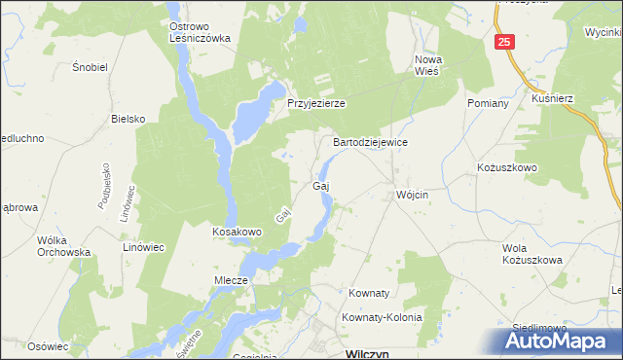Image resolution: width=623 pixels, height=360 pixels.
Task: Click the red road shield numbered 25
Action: click(x=503, y=43)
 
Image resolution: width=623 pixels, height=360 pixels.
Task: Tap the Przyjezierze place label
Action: click(x=316, y=103)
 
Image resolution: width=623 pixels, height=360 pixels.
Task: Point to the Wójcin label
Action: click(x=413, y=194)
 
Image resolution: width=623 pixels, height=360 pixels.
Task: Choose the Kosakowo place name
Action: click(x=238, y=233)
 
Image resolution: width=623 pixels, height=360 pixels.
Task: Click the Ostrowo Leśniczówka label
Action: click(x=199, y=33)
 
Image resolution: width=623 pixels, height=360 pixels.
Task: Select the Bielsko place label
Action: click(x=128, y=119)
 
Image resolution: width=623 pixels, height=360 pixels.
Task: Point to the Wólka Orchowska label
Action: click(x=63, y=246)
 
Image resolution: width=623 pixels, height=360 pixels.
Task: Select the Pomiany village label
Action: click(x=489, y=103)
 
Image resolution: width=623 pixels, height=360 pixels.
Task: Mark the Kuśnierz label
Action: click(x=553, y=99)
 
